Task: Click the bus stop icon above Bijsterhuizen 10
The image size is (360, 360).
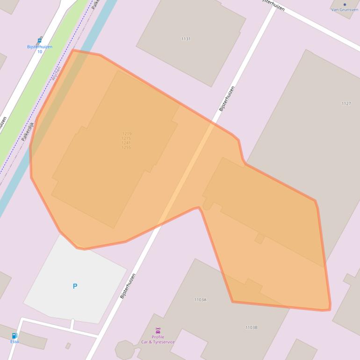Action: pyautogui.click(x=39, y=41)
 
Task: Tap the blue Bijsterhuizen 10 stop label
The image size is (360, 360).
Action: pyautogui.click(x=39, y=49)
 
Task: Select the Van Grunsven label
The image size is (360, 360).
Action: pyautogui.click(x=345, y=9)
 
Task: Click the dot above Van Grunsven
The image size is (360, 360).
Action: pyautogui.click(x=345, y=4)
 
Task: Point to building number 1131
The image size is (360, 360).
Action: pyautogui.click(x=186, y=39)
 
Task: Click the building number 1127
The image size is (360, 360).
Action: pyautogui.click(x=346, y=103)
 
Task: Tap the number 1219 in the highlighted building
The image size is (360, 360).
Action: pyautogui.click(x=126, y=134)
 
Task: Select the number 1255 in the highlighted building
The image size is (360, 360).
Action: pyautogui.click(x=126, y=147)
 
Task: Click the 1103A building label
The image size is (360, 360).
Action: pyautogui.click(x=200, y=300)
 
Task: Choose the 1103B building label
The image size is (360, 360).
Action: pyautogui.click(x=251, y=328)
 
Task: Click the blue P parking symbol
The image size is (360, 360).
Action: pyautogui.click(x=75, y=286)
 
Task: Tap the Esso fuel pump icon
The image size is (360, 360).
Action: pyautogui.click(x=14, y=336)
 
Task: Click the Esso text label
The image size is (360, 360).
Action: pyautogui.click(x=14, y=342)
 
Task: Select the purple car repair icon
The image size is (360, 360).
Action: pyautogui.click(x=158, y=331)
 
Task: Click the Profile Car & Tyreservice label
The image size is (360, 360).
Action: pyautogui.click(x=158, y=339)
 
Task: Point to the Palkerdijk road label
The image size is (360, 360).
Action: pyautogui.click(x=28, y=132)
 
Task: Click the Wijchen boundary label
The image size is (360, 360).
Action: pyautogui.click(x=57, y=73)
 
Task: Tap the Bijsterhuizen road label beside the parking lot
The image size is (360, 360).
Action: pyautogui.click(x=127, y=286)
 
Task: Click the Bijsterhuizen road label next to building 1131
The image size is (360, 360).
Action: pyautogui.click(x=227, y=98)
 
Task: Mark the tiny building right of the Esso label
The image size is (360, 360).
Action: pyautogui.click(x=68, y=346)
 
